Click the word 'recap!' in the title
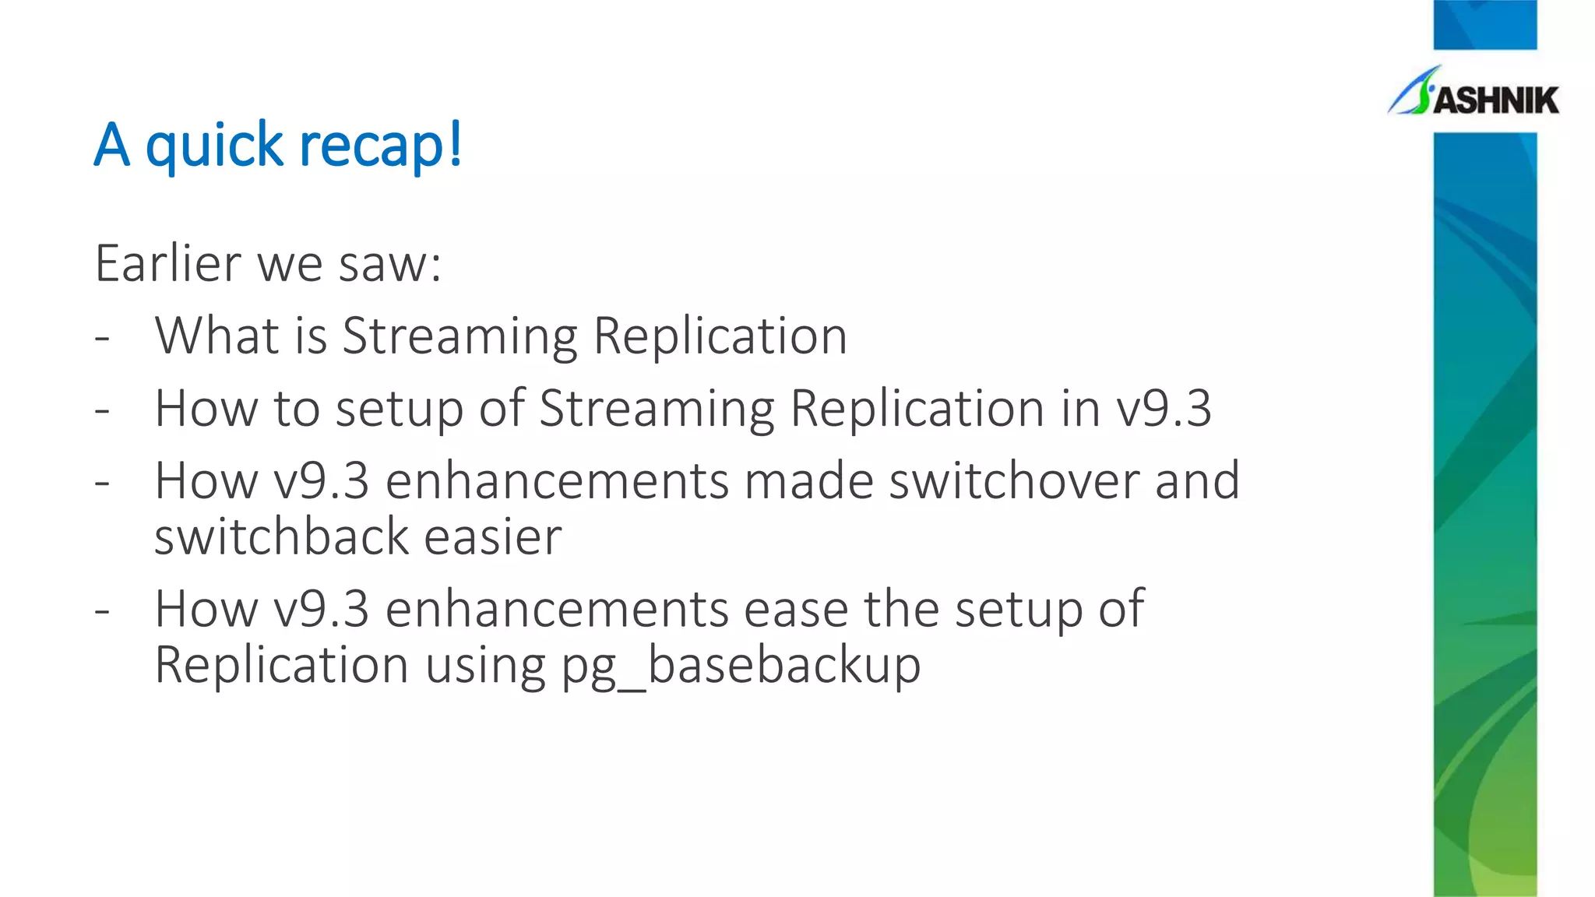pyautogui.click(x=381, y=145)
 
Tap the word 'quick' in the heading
pyautogui.click(x=214, y=146)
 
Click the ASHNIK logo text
pyautogui.click(x=1495, y=100)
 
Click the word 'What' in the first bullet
pyautogui.click(x=217, y=336)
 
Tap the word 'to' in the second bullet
pyautogui.click(x=297, y=408)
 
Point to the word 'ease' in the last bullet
pyautogui.click(x=795, y=608)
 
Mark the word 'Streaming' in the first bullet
pyautogui.click(x=459, y=337)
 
